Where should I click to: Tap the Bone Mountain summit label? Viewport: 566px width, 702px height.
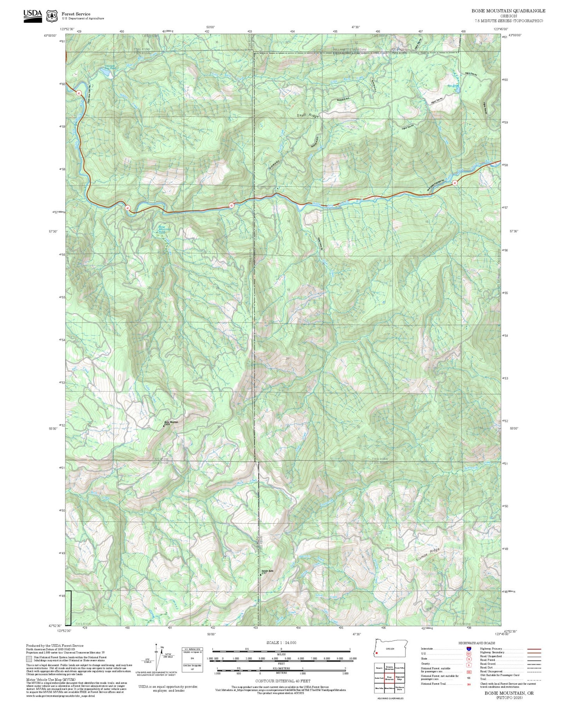[171, 422]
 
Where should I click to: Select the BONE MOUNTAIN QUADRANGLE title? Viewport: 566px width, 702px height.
[508, 11]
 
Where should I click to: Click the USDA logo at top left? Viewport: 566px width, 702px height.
[33, 15]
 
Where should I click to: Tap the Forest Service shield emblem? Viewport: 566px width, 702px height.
[51, 16]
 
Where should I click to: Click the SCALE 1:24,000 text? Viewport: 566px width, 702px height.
[281, 642]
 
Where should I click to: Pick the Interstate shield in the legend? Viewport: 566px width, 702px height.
[469, 648]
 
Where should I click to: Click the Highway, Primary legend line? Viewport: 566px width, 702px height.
[534, 648]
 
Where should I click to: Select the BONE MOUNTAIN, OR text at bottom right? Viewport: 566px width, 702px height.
[509, 693]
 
